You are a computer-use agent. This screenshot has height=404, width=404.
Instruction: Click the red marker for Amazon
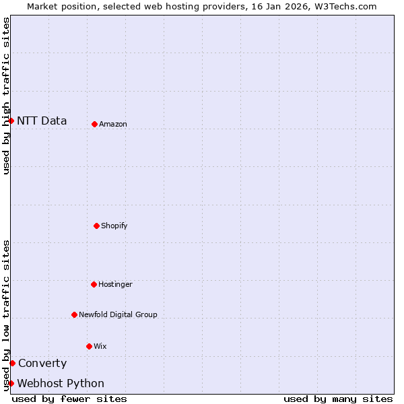tap(94, 124)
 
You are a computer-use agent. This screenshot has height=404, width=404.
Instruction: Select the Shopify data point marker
tap(96, 226)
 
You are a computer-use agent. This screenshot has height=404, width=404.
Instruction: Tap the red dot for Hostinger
tap(94, 284)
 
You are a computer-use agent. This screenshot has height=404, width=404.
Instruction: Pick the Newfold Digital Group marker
tap(74, 314)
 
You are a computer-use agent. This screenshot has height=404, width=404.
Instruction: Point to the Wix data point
tap(89, 346)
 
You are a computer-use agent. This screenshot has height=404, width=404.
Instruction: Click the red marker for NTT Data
tap(11, 121)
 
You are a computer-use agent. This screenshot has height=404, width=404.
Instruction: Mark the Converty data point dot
tap(12, 363)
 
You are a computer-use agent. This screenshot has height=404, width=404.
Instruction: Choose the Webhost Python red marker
tap(11, 383)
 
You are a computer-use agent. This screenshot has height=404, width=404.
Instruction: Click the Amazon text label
tap(113, 124)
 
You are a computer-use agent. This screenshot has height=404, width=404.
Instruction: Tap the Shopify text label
tap(114, 226)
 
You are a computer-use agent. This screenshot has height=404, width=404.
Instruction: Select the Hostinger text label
tap(115, 284)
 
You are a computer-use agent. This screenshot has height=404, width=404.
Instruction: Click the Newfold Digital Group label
tap(118, 314)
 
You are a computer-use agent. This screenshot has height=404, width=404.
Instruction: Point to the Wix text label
tap(100, 346)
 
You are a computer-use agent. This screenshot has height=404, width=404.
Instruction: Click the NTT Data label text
tap(42, 121)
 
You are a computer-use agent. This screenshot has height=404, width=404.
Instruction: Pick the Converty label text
tap(42, 364)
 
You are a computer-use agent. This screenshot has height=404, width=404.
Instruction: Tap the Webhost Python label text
tap(61, 384)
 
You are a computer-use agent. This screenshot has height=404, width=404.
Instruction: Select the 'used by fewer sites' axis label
tap(69, 399)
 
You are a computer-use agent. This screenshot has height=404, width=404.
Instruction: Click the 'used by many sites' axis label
tap(338, 399)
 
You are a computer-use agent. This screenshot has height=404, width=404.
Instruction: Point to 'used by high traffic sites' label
tap(6, 96)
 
